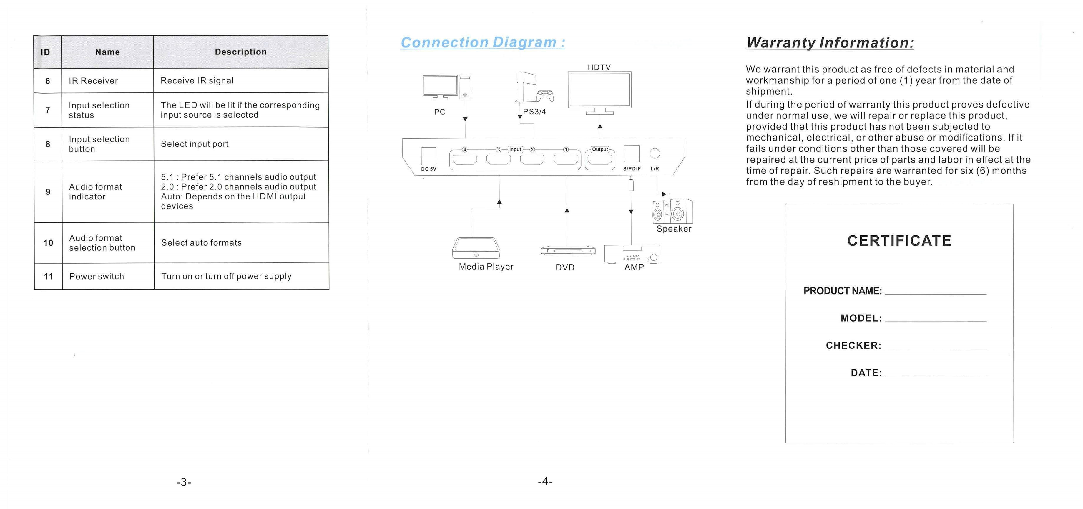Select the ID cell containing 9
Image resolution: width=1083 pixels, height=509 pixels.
click(x=48, y=192)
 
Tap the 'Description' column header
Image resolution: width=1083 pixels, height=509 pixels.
click(x=241, y=52)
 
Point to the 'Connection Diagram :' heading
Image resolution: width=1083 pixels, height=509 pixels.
click(x=483, y=42)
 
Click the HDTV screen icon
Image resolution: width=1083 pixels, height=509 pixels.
click(x=599, y=92)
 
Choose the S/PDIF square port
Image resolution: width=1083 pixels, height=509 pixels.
click(x=632, y=153)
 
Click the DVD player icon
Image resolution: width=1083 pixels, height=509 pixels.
click(x=568, y=251)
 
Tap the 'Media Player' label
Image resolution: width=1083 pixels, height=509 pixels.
click(x=486, y=267)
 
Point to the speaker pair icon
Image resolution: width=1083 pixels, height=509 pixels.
click(x=672, y=211)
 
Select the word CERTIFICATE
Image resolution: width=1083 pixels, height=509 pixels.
click(x=899, y=241)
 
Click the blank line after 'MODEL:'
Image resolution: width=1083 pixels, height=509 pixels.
click(x=936, y=321)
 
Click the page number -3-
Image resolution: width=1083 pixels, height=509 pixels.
click(x=184, y=482)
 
